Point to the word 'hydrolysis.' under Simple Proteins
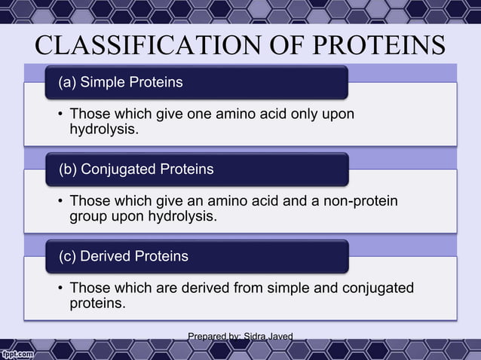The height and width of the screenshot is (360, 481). pos(104,130)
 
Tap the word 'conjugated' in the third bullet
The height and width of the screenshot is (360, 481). pos(378,288)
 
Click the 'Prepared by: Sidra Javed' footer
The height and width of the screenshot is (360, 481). pos(240,336)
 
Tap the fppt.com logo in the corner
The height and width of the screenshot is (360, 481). pos(17,352)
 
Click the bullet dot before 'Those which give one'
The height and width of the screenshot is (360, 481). pos(60,114)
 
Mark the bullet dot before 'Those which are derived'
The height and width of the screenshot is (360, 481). pos(60,288)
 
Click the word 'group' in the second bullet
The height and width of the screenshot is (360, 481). pos(87,217)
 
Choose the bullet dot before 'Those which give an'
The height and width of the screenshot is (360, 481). pos(60,202)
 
